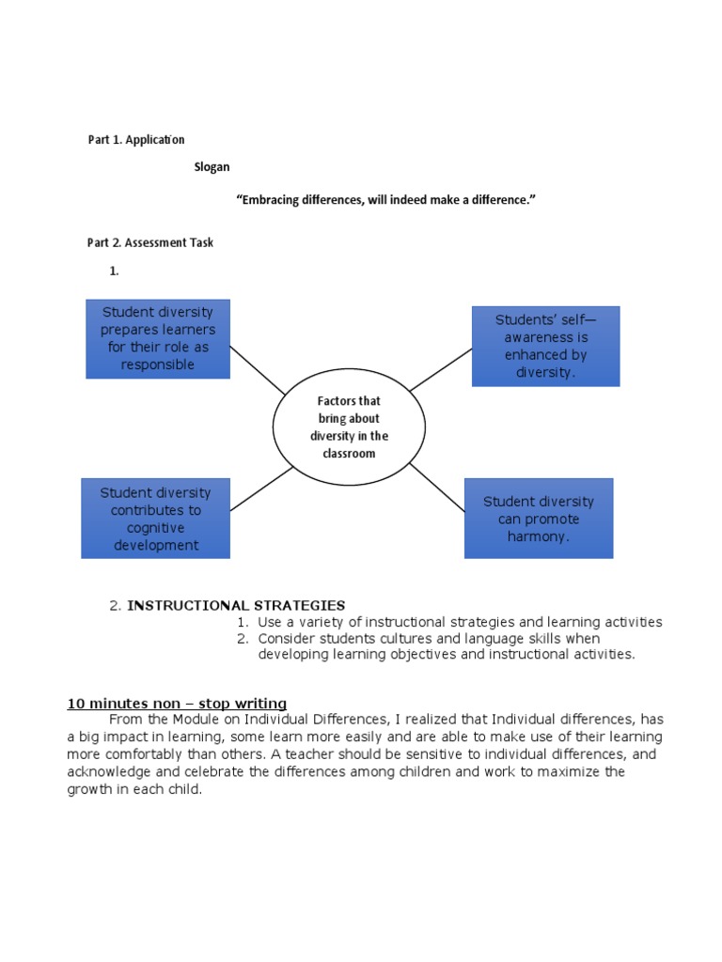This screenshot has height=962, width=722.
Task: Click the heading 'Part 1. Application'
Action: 135,139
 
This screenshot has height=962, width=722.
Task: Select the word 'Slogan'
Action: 212,166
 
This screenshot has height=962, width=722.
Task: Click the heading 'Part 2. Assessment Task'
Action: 149,242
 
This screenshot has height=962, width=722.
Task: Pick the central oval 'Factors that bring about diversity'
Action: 349,427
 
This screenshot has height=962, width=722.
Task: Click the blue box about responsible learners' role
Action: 157,339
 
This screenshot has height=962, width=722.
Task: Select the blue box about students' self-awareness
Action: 545,346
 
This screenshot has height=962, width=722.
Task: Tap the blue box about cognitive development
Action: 155,518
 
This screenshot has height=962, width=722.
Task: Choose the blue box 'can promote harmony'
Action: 539,519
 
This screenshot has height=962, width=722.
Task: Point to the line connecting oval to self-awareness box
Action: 440,369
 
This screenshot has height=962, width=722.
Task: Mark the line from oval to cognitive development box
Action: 262,489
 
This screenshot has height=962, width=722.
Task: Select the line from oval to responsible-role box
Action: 257,369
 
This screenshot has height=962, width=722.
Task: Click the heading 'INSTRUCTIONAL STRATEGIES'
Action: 236,605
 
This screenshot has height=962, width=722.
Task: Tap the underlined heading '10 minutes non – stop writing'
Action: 177,703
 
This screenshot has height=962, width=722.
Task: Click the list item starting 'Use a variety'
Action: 460,622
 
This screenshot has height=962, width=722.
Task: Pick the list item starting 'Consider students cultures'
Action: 447,646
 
